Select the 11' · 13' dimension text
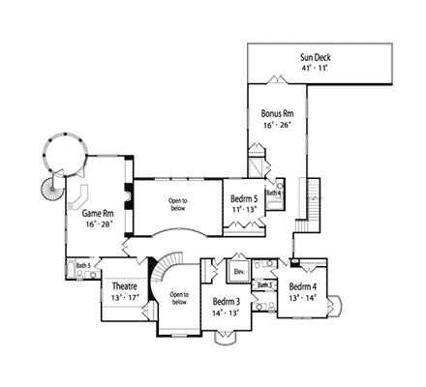point(244,209)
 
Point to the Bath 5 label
point(83,265)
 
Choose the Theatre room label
point(123,287)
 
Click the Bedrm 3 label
point(228,302)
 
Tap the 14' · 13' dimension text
point(228,313)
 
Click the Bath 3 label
point(265,285)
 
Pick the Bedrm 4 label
point(303,287)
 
